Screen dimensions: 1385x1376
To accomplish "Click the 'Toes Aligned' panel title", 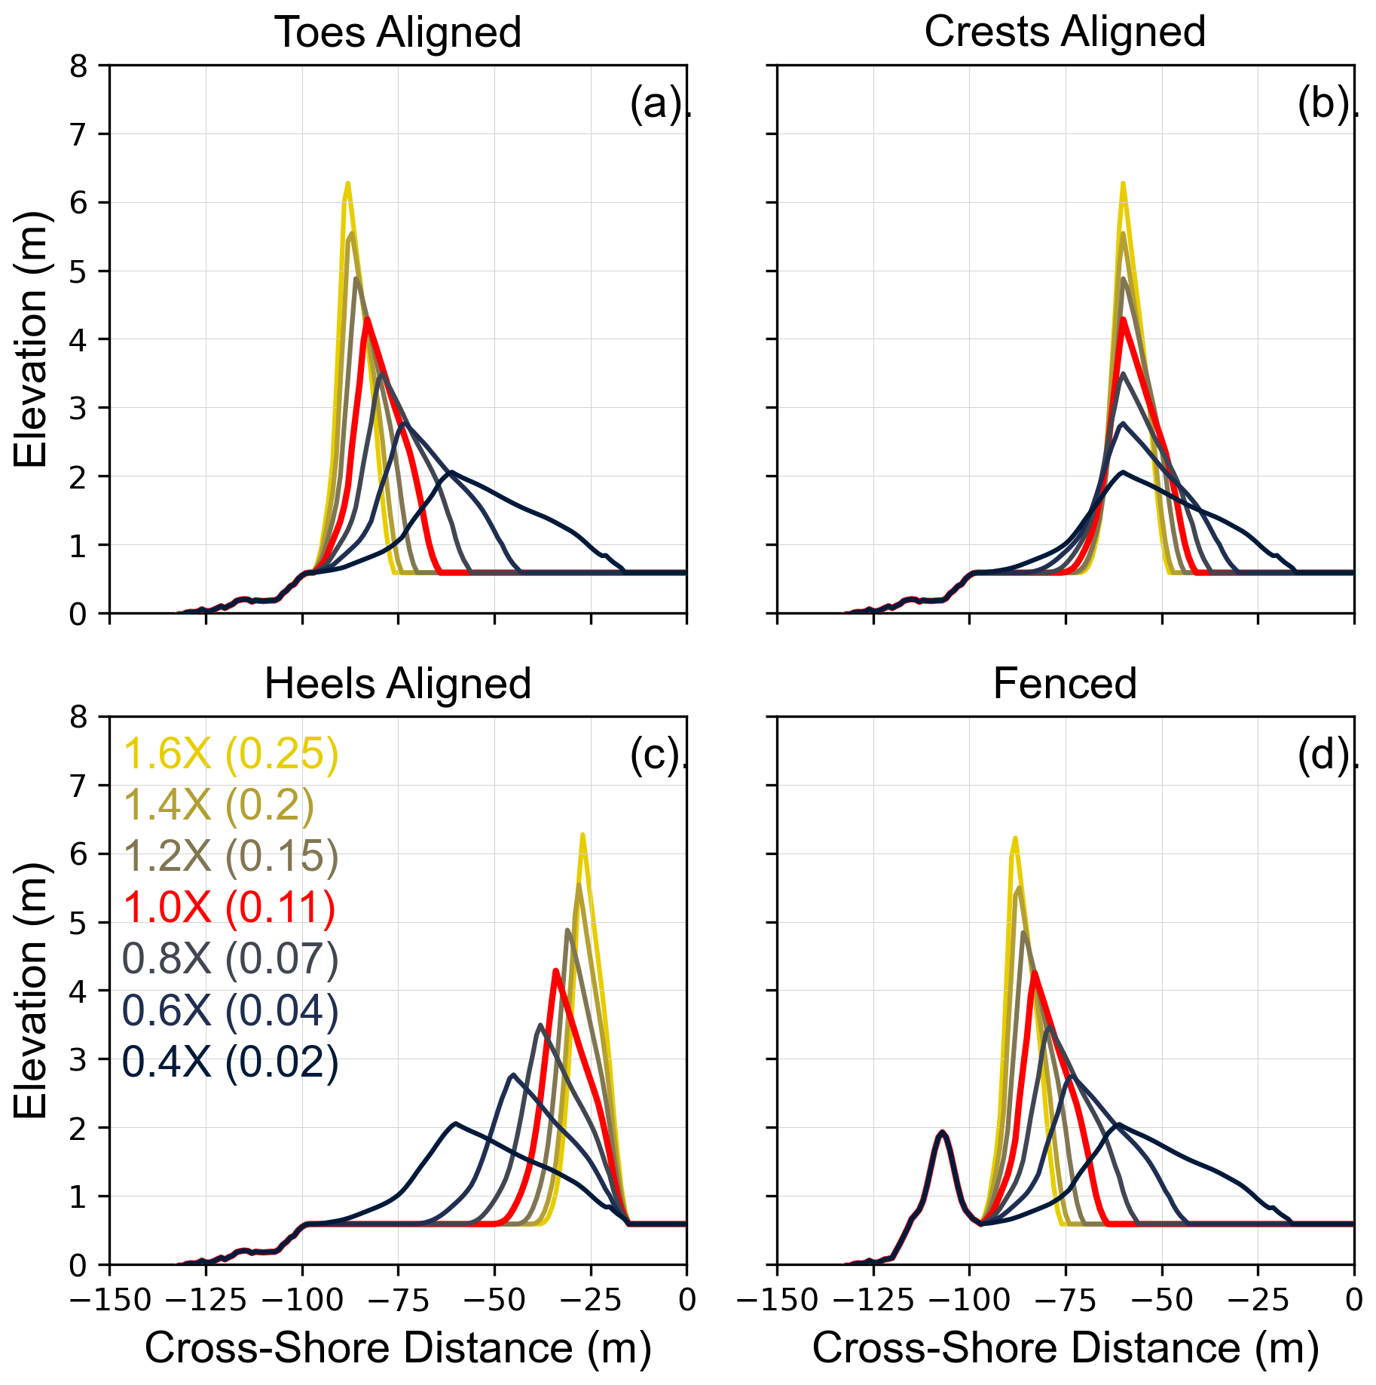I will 398,32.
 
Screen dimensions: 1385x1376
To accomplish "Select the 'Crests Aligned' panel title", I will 1064,32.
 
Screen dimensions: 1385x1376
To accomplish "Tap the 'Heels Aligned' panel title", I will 398,684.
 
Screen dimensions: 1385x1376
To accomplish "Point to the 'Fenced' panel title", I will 1064,684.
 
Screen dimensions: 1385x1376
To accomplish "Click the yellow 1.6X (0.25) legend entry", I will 231,753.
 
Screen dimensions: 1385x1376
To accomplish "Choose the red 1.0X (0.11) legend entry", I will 229,907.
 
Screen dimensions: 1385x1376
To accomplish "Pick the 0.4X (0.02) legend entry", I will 231,1062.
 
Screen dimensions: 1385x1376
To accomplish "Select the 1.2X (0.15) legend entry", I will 231,856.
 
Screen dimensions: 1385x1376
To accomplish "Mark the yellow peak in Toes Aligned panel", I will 347,183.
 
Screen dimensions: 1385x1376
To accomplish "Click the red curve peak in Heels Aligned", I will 555,971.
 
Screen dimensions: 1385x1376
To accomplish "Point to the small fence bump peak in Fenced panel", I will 941,1132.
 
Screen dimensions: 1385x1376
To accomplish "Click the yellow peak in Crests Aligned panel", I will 1123,183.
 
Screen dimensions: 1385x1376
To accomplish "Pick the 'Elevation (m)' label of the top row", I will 30,339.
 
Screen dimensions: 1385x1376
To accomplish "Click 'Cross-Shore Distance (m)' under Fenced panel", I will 1064,1347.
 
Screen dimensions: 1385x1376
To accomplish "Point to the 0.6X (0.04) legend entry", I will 231,1010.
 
